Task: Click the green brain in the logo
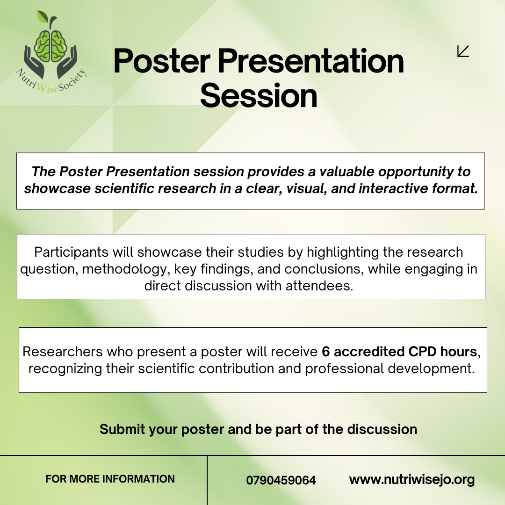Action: [x=50, y=46]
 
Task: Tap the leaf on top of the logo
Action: [x=42, y=17]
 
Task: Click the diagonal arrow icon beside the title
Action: [x=463, y=51]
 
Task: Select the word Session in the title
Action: [x=259, y=96]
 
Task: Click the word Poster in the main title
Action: [x=162, y=61]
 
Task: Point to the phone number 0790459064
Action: [x=281, y=480]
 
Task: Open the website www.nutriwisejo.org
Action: [x=412, y=480]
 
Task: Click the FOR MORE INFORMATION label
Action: [x=110, y=479]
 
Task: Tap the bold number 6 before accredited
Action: [x=325, y=352]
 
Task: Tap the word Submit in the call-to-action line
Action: [x=123, y=429]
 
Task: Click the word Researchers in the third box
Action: [x=63, y=352]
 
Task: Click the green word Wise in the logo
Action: [x=47, y=87]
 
